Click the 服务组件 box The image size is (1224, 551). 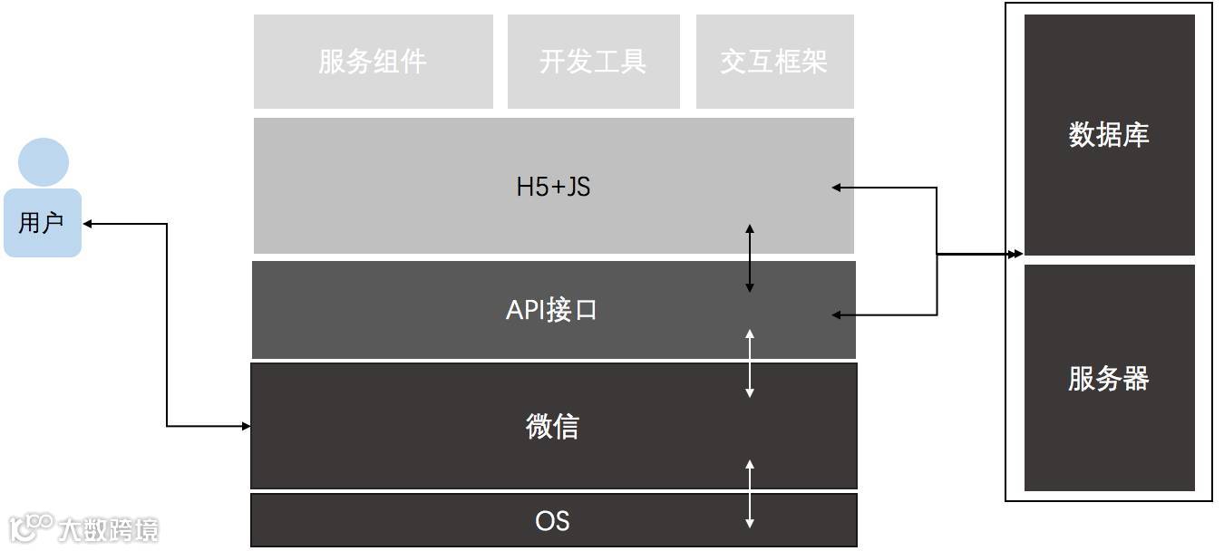coord(373,62)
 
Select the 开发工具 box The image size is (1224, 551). coord(593,62)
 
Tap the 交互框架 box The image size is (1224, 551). coord(774,62)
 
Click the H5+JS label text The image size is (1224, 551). coord(553,188)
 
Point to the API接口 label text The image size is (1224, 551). coord(551,310)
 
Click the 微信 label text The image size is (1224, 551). coord(552,426)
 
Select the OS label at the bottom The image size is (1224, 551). coord(552,521)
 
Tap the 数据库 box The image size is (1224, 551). coord(1109,135)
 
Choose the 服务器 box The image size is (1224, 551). coord(1109,378)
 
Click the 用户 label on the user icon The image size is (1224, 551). coord(42,223)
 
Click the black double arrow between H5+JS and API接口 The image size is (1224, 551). coord(749,257)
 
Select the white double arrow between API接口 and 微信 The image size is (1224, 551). coord(749,362)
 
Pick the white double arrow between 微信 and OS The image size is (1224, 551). coord(749,493)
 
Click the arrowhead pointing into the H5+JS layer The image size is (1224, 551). coord(837,188)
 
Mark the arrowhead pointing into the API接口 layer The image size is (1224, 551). coord(837,315)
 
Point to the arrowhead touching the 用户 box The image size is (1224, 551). coord(88,223)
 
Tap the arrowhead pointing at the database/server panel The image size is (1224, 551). coord(1017,255)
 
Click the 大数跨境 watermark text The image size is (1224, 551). coord(107,529)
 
